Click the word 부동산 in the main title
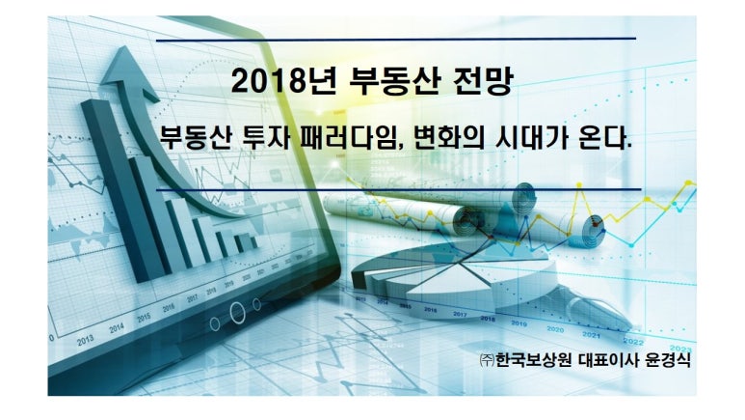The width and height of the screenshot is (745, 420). (x=394, y=80)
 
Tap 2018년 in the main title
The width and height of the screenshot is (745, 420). (x=283, y=80)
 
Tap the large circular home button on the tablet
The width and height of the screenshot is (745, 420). (x=237, y=313)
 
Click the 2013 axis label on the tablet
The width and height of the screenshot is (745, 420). (x=86, y=340)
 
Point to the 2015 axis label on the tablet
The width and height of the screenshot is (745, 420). (x=144, y=318)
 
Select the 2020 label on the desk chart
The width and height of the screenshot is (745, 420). (x=555, y=329)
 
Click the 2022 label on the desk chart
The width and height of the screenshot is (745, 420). (x=633, y=342)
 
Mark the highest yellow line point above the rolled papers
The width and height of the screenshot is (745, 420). (x=579, y=184)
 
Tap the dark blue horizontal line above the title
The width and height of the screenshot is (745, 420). (x=396, y=40)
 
